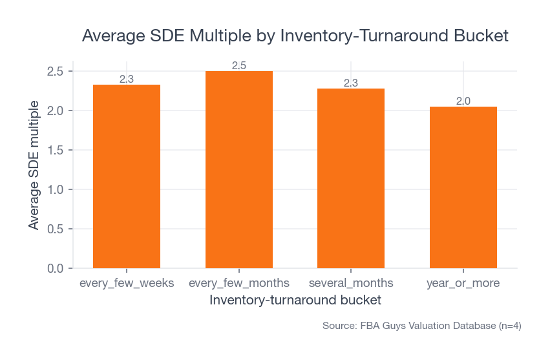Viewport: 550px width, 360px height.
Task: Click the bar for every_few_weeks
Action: [127, 176]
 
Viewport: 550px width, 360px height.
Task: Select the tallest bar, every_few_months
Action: [239, 169]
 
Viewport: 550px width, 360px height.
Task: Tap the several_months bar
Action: [351, 178]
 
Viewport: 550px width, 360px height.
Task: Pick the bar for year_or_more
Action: [463, 187]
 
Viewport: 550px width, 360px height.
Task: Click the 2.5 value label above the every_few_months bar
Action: [239, 65]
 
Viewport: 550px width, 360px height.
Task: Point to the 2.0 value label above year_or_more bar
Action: [463, 101]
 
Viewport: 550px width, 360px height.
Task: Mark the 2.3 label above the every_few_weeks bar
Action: [127, 79]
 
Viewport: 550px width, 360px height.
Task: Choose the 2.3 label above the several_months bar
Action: [351, 83]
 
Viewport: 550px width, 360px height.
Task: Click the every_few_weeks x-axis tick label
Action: [127, 284]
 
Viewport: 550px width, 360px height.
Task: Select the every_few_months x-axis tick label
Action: [239, 284]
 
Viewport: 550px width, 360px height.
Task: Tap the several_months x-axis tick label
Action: [351, 284]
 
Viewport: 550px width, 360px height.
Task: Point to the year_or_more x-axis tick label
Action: [463, 284]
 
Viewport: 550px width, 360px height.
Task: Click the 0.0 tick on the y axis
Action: [56, 268]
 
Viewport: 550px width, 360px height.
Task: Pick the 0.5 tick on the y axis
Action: [56, 229]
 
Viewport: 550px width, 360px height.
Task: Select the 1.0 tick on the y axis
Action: [56, 189]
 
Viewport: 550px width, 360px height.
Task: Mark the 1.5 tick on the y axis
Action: [56, 150]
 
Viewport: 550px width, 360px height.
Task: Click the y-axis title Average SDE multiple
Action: [34, 164]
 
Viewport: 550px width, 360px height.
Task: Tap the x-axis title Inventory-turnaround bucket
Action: [295, 301]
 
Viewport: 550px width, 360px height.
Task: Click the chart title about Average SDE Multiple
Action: [295, 36]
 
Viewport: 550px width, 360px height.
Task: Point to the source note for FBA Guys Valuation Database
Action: [421, 326]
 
